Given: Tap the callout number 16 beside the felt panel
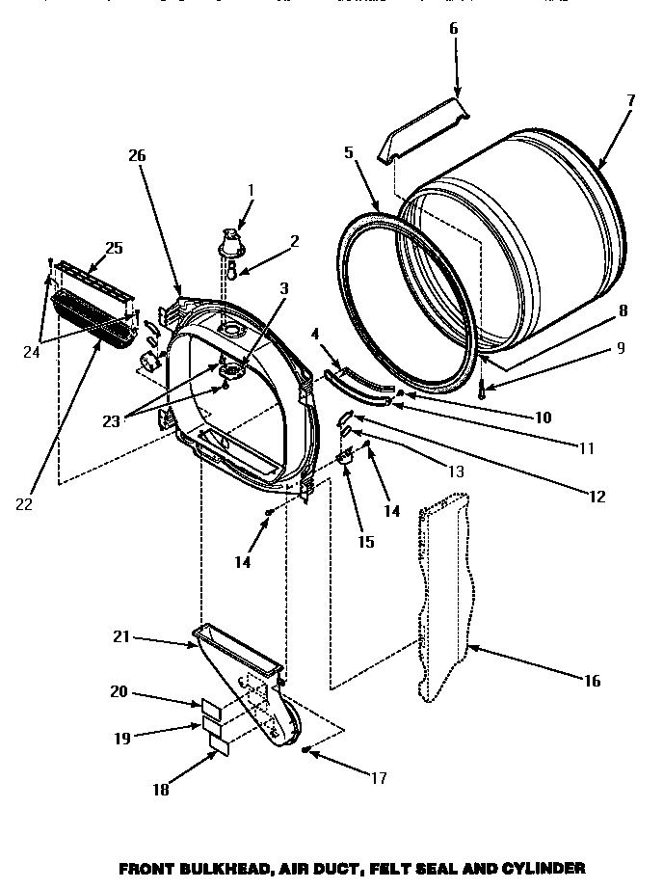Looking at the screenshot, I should click(x=592, y=681).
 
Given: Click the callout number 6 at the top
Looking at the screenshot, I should click(x=454, y=28).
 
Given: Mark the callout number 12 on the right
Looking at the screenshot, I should click(x=597, y=497).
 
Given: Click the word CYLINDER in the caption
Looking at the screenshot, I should click(x=536, y=868).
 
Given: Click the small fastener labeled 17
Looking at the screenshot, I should click(x=305, y=749).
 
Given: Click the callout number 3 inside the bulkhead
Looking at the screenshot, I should click(x=257, y=287).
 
